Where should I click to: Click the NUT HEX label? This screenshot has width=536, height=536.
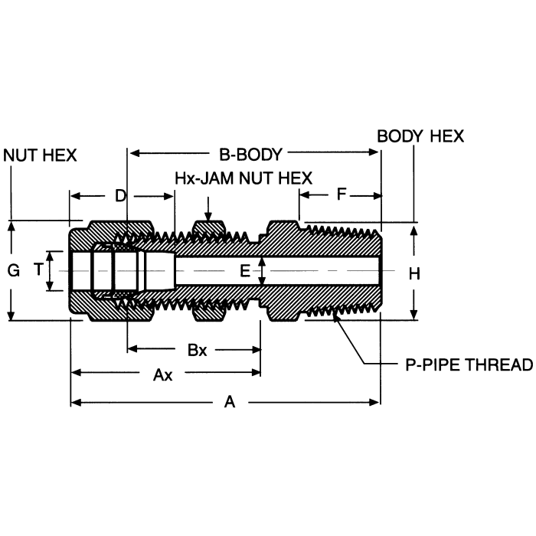41,155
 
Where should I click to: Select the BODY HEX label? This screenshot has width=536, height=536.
420,136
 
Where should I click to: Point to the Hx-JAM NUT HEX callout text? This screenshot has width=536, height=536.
243,178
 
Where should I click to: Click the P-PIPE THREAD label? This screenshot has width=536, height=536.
468,364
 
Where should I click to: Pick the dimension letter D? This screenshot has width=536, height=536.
120,195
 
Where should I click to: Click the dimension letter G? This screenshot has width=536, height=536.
12,271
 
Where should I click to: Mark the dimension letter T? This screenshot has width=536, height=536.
38,271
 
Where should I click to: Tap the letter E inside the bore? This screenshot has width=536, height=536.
245,270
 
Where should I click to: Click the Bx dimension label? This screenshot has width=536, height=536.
198,350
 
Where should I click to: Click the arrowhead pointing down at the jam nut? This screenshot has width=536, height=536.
208,215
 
